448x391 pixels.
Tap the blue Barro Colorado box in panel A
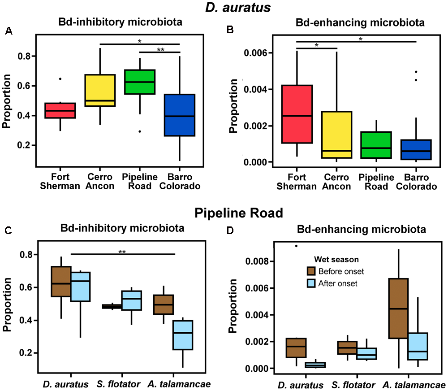[x=179, y=115]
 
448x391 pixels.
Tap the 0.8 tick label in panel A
[x=28, y=56]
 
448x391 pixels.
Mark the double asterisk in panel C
[x=122, y=252]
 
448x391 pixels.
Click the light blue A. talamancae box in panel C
[x=182, y=335]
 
